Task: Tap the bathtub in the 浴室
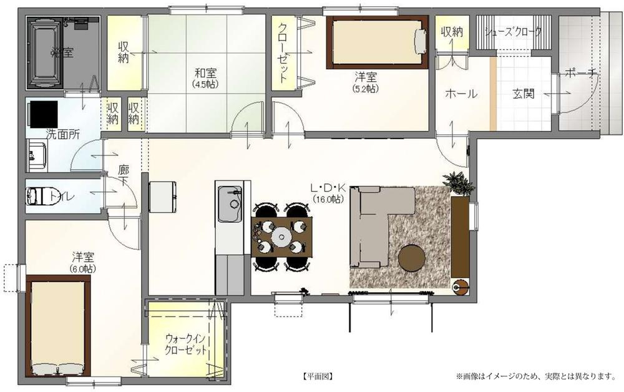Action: [44, 52]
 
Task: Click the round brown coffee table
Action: [412, 258]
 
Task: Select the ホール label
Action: [461, 94]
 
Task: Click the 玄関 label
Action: [524, 94]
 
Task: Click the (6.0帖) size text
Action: [82, 269]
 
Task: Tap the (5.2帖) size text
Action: [366, 89]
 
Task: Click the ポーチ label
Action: [581, 74]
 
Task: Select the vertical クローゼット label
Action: [283, 53]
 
